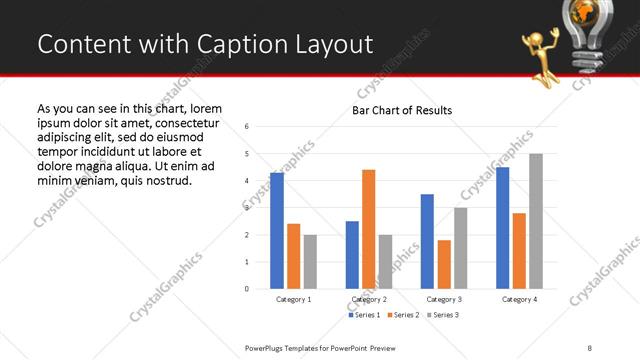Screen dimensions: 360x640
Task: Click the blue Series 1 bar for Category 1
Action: coord(277,231)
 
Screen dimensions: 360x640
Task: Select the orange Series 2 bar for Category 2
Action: coord(368,229)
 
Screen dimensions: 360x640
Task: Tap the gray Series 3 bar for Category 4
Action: coord(536,221)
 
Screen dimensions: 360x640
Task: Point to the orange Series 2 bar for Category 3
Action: coord(444,264)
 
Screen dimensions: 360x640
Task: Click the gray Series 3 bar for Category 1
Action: coord(310,262)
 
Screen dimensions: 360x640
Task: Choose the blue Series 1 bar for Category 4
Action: coord(502,228)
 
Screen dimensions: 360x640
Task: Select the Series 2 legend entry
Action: coord(404,315)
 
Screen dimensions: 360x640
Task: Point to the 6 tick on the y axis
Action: coord(247,126)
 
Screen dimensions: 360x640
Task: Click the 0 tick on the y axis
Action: coord(247,289)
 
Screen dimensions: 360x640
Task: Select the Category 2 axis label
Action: coord(368,299)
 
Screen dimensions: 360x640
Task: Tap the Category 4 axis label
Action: coord(519,299)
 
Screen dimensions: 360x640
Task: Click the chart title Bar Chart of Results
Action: coord(402,110)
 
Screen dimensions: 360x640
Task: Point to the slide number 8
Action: coord(588,348)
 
